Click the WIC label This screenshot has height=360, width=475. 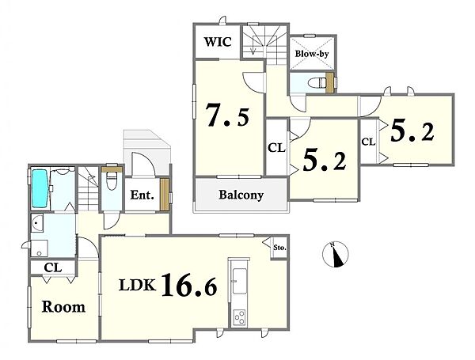(x=218, y=41)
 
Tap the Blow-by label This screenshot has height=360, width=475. (x=312, y=54)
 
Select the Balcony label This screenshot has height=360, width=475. (x=241, y=195)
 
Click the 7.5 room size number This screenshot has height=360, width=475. (x=228, y=115)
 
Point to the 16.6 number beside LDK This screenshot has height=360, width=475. (x=189, y=285)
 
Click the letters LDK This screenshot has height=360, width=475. (x=137, y=285)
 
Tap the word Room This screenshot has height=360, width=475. (x=63, y=307)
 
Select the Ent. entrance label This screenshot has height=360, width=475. (x=142, y=195)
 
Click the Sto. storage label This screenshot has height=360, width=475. (x=279, y=248)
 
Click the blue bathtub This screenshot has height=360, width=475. (x=40, y=188)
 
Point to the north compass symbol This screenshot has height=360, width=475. (x=336, y=254)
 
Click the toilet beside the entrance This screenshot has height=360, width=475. (x=112, y=181)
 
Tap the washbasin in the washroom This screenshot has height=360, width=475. (x=37, y=223)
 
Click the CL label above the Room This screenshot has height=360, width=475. (x=53, y=267)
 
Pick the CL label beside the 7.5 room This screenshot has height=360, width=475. (x=276, y=148)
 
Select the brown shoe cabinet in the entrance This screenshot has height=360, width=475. (x=165, y=195)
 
